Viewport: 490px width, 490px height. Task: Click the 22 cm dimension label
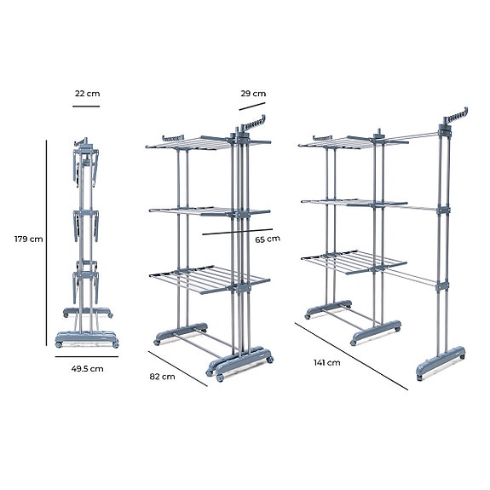85,94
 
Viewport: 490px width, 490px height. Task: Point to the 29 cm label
253,94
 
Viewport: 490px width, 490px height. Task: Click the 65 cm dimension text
268,239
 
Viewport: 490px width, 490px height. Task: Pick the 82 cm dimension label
164,375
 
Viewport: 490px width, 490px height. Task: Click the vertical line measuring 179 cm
47,243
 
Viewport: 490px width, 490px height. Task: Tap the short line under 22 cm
85,107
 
